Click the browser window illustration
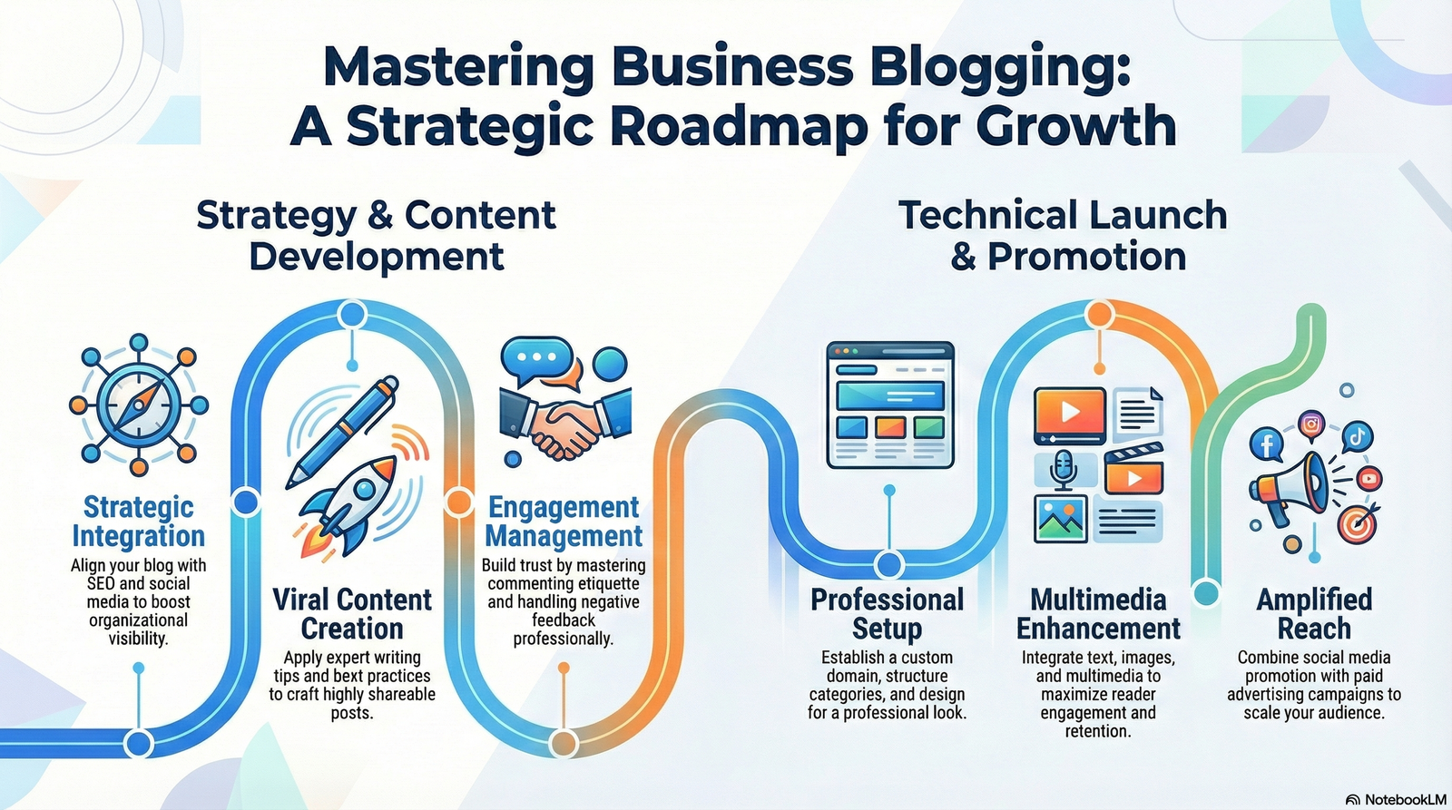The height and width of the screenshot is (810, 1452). (x=890, y=405)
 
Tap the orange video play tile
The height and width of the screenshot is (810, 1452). (x=1070, y=413)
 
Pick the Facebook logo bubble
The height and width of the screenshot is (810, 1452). (x=1266, y=444)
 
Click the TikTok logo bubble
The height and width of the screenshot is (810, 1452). (x=1357, y=436)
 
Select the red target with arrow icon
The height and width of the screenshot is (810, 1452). (x=1358, y=524)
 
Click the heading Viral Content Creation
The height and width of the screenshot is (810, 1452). (x=352, y=614)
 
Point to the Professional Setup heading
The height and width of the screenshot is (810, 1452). (x=887, y=614)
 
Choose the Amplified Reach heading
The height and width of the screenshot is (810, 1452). (x=1314, y=614)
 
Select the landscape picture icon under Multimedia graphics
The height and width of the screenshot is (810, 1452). (x=1061, y=518)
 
